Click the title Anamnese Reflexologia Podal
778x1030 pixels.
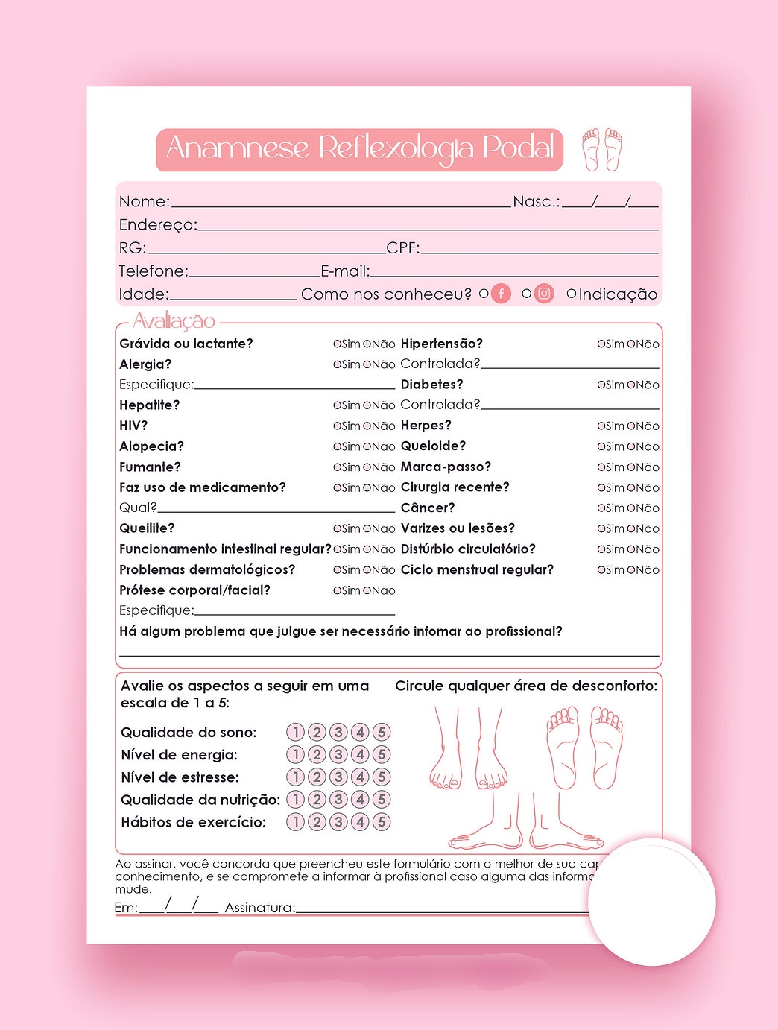click(360, 149)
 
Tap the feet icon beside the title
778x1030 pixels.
click(602, 149)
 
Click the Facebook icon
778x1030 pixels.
click(502, 294)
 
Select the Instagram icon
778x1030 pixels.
click(545, 294)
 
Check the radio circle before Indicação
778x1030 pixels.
click(572, 294)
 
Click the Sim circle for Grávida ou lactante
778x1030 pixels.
click(337, 344)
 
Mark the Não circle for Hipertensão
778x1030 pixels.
click(630, 344)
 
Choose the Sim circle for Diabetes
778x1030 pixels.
click(601, 385)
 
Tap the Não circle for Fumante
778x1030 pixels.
click(367, 467)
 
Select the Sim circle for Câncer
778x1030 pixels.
click(601, 508)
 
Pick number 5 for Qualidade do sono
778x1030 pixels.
click(382, 733)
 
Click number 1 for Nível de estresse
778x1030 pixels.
click(296, 777)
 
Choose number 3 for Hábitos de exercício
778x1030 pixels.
click(338, 822)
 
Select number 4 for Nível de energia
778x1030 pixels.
click(360, 755)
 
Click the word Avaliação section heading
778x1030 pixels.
click(174, 321)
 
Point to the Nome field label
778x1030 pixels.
click(144, 202)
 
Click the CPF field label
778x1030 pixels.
click(402, 248)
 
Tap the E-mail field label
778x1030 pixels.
click(344, 271)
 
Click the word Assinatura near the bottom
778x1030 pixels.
click(259, 908)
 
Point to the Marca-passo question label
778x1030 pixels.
click(446, 467)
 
